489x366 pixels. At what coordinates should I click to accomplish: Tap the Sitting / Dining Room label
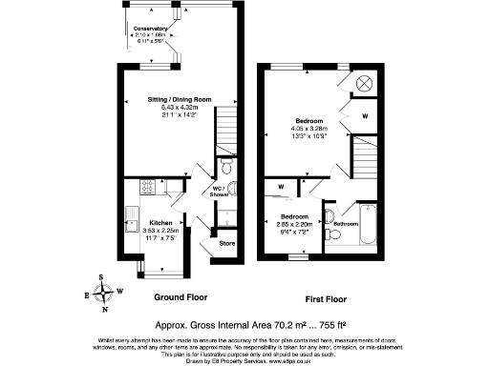pos(179,99)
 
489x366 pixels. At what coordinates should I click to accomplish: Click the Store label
pos(226,243)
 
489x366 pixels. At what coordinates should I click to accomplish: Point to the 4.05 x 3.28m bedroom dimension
pos(308,129)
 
